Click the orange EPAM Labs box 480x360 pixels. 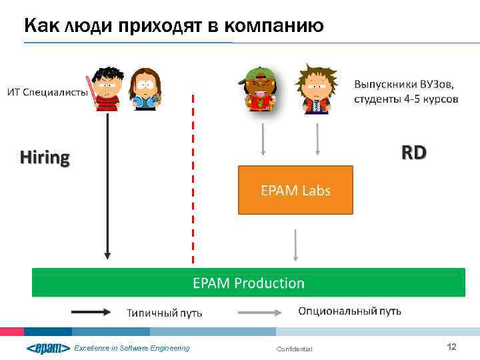(295, 190)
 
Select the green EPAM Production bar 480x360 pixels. (248, 283)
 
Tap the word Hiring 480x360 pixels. (45, 158)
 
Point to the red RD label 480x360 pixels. (413, 153)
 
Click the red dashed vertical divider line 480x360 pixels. (193, 180)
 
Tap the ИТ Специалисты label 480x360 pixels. (47, 92)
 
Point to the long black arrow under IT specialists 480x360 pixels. (107, 187)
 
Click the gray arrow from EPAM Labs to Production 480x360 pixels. (296, 245)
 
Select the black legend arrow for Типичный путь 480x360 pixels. (95, 311)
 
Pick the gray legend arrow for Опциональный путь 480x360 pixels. (263, 311)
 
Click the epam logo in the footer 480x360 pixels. (48, 348)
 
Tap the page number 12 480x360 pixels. (451, 347)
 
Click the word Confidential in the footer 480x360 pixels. (293, 349)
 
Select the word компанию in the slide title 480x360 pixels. (274, 26)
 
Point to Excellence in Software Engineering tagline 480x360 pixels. (131, 348)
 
